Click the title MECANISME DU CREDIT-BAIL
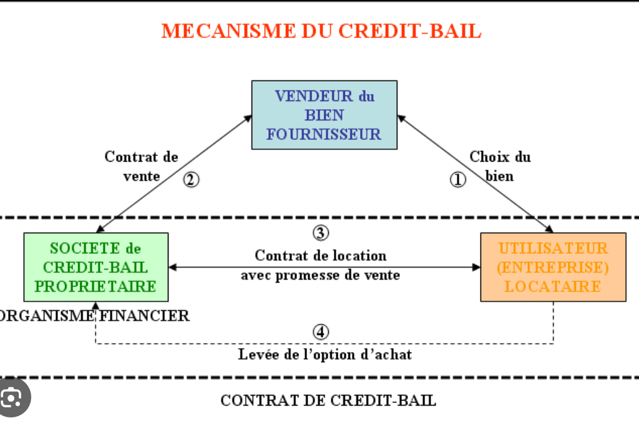point(321,31)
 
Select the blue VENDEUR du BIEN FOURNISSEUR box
point(324,115)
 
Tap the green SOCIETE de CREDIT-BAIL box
point(95,267)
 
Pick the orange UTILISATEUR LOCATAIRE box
point(553,267)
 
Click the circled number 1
point(458,180)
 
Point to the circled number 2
point(191,180)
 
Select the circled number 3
point(320,233)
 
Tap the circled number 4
point(321,332)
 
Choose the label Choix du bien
point(500,166)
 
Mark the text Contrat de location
point(320,255)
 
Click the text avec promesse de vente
point(320,275)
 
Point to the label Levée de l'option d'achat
point(324,354)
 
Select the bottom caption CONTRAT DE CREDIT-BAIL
point(328,400)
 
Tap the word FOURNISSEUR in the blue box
point(324,134)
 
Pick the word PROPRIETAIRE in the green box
point(95,286)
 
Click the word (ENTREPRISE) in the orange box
point(553,267)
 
